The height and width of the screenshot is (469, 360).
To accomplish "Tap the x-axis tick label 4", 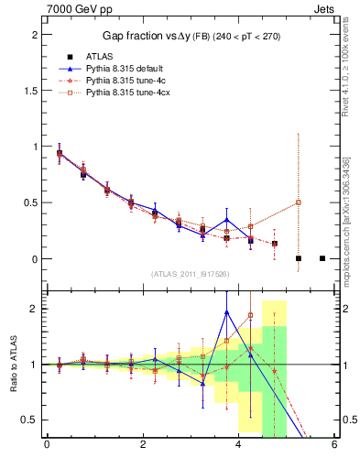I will (x=239, y=446).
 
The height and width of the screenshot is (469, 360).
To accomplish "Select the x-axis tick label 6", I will (x=334, y=446).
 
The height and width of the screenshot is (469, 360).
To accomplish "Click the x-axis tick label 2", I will (x=143, y=446).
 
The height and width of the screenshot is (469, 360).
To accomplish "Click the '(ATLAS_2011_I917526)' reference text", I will (x=191, y=274).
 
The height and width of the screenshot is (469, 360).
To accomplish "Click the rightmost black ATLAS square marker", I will (x=322, y=258).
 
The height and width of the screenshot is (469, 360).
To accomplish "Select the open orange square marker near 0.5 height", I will (x=299, y=202).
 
